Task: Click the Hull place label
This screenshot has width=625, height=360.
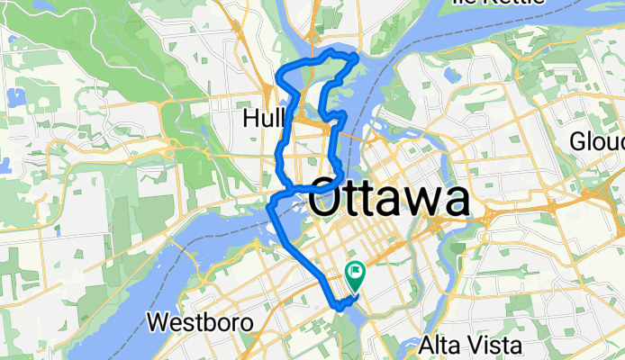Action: [264, 118]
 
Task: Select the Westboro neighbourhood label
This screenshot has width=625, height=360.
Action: [194, 321]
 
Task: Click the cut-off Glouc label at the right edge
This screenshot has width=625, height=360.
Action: [597, 141]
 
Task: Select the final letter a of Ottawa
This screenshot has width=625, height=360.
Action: [456, 202]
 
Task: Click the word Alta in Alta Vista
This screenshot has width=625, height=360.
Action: [438, 345]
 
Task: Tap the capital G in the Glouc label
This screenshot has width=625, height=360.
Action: [578, 141]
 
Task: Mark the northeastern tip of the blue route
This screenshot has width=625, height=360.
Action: [358, 58]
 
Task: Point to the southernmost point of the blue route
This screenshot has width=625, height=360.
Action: [339, 308]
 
